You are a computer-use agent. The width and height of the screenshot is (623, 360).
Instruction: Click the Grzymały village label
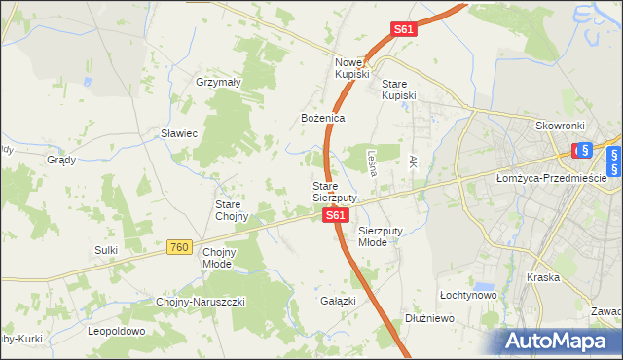click(218, 83)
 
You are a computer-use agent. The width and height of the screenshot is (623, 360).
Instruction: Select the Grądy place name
click(61, 159)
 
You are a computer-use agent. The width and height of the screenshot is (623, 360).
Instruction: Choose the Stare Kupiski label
click(398, 90)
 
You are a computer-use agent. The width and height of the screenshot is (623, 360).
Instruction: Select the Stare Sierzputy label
click(335, 192)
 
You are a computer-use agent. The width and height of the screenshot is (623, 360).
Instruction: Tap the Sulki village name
click(106, 250)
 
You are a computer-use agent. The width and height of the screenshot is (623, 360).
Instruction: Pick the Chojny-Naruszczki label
click(201, 302)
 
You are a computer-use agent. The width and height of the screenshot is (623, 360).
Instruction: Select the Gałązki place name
click(338, 301)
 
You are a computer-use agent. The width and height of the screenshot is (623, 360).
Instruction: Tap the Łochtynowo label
click(468, 294)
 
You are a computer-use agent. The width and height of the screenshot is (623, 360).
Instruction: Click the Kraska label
click(542, 277)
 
